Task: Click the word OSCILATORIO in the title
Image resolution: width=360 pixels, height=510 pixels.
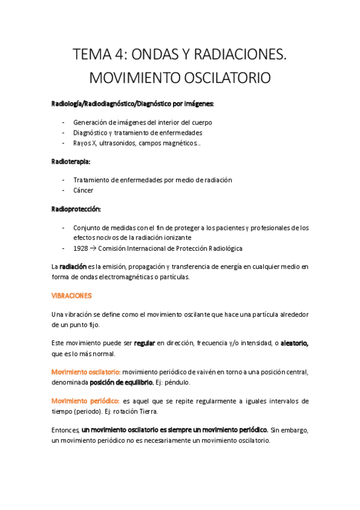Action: tap(219, 79)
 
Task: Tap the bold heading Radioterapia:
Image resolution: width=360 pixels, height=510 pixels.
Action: tap(71, 161)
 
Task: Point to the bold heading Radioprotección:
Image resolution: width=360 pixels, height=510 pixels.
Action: tap(76, 209)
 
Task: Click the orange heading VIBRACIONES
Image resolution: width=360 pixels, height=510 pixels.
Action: tap(71, 296)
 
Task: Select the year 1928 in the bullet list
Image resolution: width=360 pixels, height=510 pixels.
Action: tap(81, 248)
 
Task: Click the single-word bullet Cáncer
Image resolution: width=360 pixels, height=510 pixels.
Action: tap(84, 191)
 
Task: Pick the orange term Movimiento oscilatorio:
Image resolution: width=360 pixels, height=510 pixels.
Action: tap(85, 372)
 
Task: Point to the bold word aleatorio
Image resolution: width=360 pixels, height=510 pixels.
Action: tap(293, 343)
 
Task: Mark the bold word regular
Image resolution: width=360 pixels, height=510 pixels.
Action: tap(144, 343)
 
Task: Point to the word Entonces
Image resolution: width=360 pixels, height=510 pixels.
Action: tap(66, 430)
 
